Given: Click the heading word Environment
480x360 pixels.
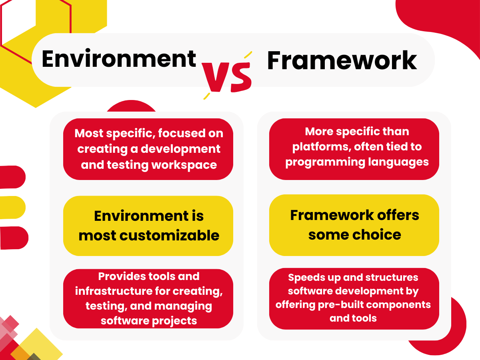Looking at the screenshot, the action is (x=119, y=58).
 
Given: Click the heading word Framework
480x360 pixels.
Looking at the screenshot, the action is (x=342, y=60).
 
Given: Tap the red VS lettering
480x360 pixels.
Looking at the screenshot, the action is (x=226, y=77).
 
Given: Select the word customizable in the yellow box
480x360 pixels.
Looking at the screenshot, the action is (x=169, y=236).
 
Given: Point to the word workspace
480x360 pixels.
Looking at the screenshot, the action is (x=184, y=165).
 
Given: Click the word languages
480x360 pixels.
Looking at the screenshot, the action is (x=398, y=162).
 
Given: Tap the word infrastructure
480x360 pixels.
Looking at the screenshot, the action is (x=114, y=291).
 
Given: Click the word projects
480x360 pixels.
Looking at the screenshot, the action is (x=174, y=321).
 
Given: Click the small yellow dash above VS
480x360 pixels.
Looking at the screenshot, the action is (x=248, y=55).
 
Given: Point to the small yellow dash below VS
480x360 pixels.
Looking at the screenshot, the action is (x=207, y=96).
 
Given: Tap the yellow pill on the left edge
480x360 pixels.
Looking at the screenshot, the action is (x=12, y=208).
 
